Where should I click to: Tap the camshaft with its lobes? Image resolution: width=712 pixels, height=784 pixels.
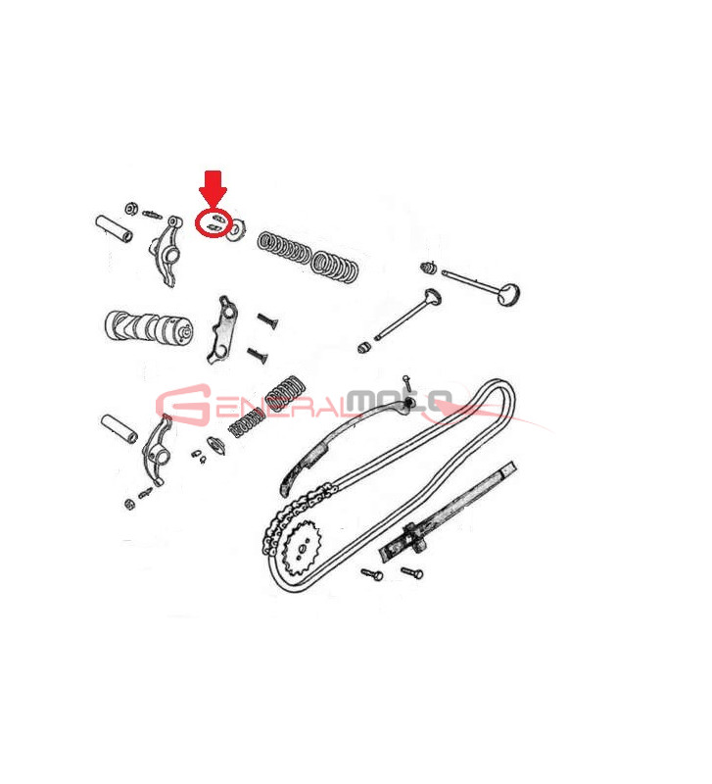[149, 327]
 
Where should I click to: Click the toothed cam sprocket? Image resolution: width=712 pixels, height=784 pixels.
[303, 550]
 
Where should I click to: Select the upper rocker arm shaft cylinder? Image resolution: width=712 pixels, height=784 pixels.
[115, 228]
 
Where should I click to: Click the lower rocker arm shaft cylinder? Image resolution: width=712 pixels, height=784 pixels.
[119, 428]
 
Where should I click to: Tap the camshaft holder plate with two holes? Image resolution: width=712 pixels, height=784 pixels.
[222, 330]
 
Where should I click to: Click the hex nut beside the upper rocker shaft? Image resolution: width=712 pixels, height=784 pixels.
[131, 209]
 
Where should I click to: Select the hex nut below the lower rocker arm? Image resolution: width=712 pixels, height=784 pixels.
[129, 504]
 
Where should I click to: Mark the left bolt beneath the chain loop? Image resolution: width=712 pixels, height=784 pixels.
[372, 575]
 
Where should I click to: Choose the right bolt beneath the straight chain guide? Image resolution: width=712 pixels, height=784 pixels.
[412, 572]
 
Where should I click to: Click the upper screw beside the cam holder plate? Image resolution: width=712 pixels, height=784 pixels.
[267, 320]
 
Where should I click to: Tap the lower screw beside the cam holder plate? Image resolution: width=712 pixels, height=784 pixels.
[258, 356]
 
